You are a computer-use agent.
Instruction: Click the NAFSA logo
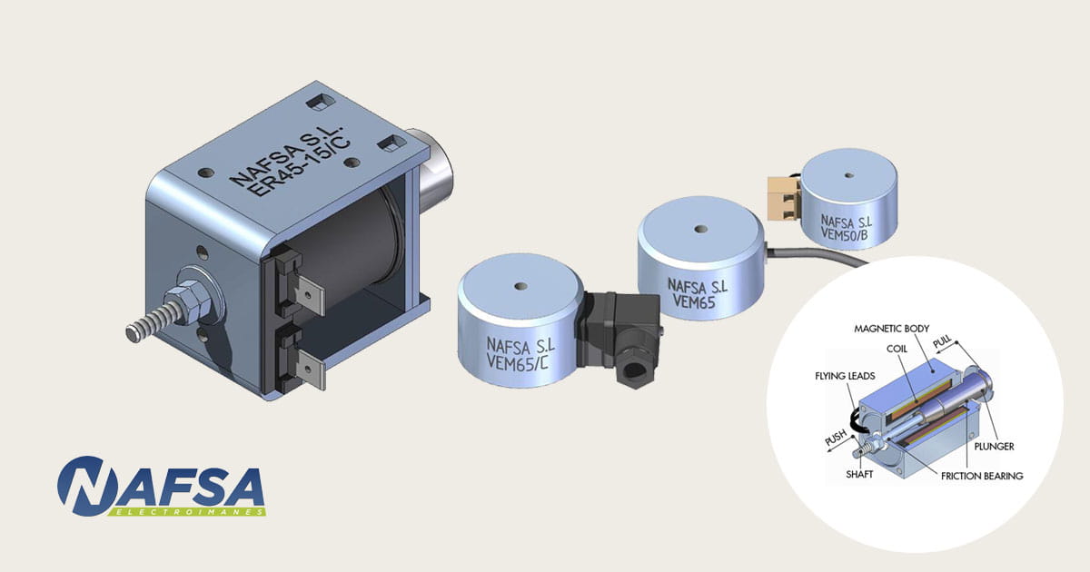click(161, 487)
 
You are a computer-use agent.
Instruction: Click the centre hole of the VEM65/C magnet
click(520, 285)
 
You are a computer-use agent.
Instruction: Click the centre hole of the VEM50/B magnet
click(848, 174)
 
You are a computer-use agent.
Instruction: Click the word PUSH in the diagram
click(835, 439)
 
